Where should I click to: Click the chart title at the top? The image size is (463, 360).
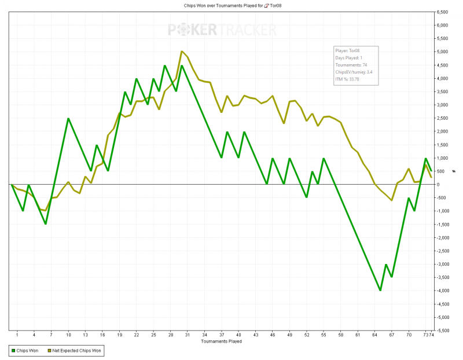231,5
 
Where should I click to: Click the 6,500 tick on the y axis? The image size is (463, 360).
444,12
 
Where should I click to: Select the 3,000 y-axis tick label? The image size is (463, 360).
443,105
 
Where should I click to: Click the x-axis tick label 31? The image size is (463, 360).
188,335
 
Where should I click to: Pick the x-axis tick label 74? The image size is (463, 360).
432,335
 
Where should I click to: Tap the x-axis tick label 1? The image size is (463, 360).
17,335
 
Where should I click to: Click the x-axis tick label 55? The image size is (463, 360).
324,335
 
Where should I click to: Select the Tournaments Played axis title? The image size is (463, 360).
221,341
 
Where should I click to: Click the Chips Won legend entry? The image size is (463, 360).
26,351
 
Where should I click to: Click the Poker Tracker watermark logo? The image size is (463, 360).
222,30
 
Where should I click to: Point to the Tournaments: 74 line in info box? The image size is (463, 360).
352,65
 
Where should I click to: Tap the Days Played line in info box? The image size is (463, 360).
349,58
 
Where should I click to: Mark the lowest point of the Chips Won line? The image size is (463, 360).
380,291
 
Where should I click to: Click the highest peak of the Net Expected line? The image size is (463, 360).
182,51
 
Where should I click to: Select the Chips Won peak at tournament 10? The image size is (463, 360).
68,118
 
